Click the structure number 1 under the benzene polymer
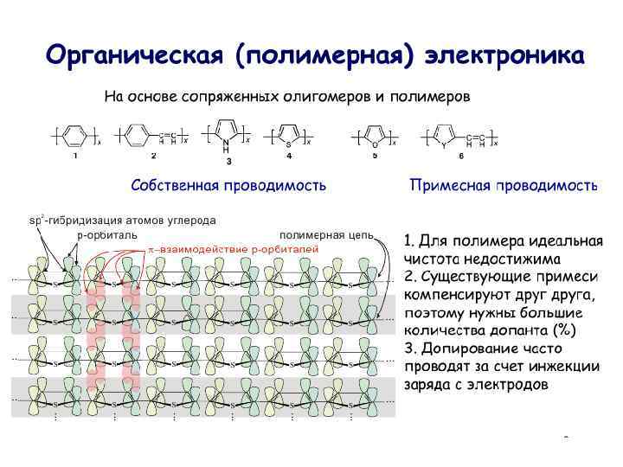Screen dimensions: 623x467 (75, 157)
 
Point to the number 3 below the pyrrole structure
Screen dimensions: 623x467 (228, 161)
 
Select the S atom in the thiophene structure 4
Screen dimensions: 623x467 (288, 144)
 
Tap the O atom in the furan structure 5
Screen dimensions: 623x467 (375, 144)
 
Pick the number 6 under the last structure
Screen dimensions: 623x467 (461, 157)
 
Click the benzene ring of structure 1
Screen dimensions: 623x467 (75, 137)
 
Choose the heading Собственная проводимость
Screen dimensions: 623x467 (228, 186)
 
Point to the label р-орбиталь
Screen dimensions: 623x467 (107, 233)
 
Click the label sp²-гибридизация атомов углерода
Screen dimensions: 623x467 (122, 220)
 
